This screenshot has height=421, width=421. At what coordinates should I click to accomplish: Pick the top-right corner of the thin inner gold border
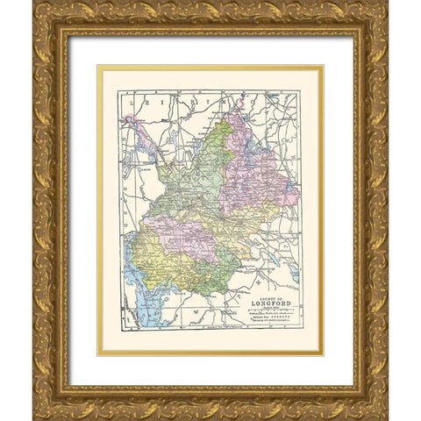point(322,66)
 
